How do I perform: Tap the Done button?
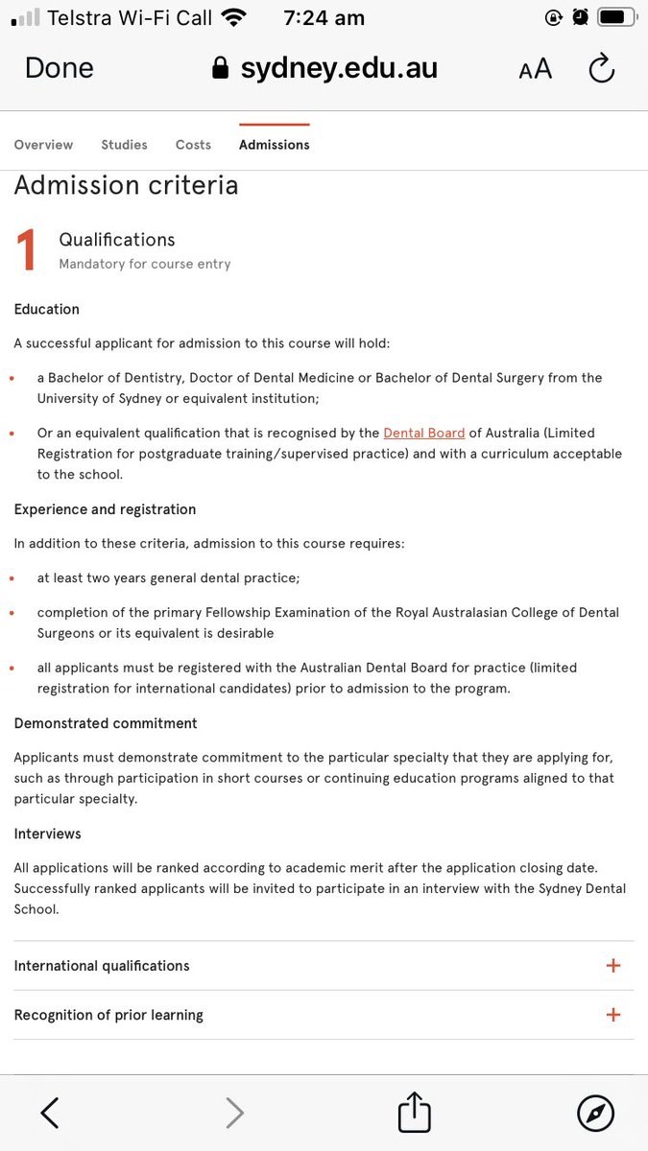tap(59, 68)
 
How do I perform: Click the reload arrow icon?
tap(601, 68)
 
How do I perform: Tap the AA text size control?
tap(535, 69)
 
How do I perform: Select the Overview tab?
tap(43, 145)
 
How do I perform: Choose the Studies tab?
tap(124, 145)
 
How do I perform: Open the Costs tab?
tap(193, 145)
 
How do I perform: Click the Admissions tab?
tap(274, 145)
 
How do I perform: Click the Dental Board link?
tap(423, 433)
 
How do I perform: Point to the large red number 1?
tap(27, 250)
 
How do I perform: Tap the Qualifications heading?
tap(117, 240)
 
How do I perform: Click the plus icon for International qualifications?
tap(613, 966)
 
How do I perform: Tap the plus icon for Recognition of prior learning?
tap(613, 1015)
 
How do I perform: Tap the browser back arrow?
tap(50, 1113)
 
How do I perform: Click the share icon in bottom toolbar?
tap(415, 1113)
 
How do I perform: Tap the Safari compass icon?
tap(595, 1113)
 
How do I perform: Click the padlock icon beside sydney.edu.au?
tap(221, 69)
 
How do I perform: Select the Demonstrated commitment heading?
tap(106, 723)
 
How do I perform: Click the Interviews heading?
tap(47, 834)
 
